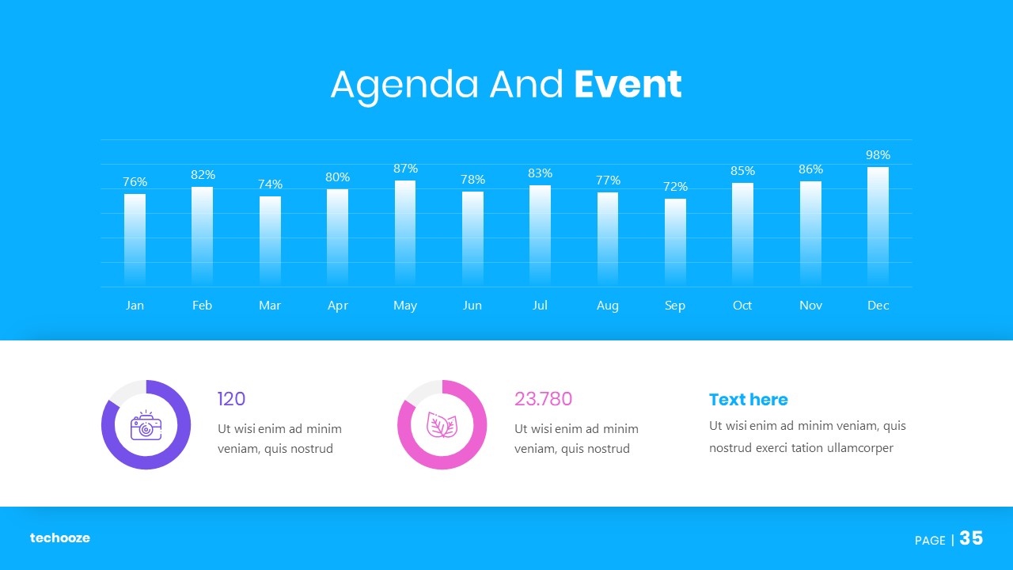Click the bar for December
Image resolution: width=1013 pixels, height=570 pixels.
(878, 226)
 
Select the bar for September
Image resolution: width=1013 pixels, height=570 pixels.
(675, 242)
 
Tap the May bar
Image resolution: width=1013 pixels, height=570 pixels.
(405, 234)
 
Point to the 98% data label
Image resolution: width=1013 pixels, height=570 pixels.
(878, 154)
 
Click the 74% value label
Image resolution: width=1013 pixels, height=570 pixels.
(270, 184)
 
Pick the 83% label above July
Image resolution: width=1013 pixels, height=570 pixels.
(540, 173)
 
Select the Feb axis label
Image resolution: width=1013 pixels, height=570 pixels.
(202, 306)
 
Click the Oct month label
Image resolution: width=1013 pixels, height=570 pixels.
(742, 306)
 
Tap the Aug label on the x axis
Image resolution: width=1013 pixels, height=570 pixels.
(607, 306)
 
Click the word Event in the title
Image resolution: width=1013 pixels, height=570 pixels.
(628, 84)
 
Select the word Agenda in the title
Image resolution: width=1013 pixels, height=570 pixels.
(404, 86)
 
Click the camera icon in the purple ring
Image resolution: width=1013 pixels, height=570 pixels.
(146, 425)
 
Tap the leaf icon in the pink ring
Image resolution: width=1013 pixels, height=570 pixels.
(442, 425)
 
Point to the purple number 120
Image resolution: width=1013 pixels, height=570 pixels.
(232, 399)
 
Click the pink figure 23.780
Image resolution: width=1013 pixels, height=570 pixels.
(543, 399)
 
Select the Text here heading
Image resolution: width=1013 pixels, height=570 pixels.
(749, 400)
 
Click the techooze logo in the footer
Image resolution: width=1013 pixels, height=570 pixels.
(60, 538)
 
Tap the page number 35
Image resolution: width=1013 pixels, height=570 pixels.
(971, 538)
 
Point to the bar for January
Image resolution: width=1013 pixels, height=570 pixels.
(135, 240)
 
